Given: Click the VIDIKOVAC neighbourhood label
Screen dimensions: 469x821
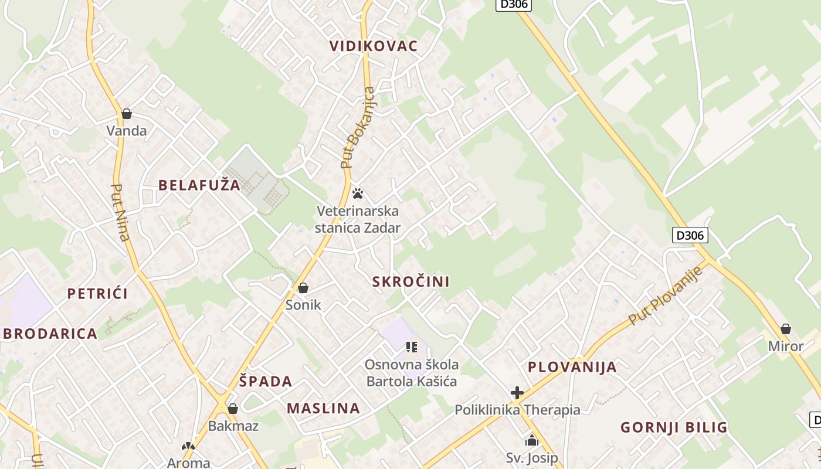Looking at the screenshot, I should (374, 46).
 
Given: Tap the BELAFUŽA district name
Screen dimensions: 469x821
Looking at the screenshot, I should (199, 185).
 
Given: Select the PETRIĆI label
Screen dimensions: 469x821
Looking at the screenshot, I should (97, 294).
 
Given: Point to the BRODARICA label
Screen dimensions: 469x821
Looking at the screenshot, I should (50, 334).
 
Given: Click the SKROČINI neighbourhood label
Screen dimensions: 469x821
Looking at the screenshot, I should (411, 281).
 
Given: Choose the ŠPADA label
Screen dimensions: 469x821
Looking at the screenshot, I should (266, 382).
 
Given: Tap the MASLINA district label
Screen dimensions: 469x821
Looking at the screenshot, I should (323, 408).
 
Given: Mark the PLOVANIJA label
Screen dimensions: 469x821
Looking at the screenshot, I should (572, 367).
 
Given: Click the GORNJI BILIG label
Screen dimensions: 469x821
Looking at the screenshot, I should (674, 427).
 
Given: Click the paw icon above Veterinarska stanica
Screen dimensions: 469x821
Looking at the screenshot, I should (358, 193).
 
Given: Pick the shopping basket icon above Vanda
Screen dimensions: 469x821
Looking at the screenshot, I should (127, 113).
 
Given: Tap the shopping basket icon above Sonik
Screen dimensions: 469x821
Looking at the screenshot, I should (303, 288).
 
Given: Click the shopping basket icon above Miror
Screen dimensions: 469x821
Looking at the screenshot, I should (786, 329).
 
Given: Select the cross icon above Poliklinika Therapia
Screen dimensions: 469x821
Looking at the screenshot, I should (517, 392).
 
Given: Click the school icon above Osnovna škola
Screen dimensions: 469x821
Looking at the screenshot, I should (411, 347).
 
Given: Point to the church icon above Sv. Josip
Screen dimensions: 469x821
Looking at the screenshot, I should (532, 440).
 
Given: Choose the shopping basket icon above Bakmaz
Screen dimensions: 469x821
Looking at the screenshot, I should (233, 409).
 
